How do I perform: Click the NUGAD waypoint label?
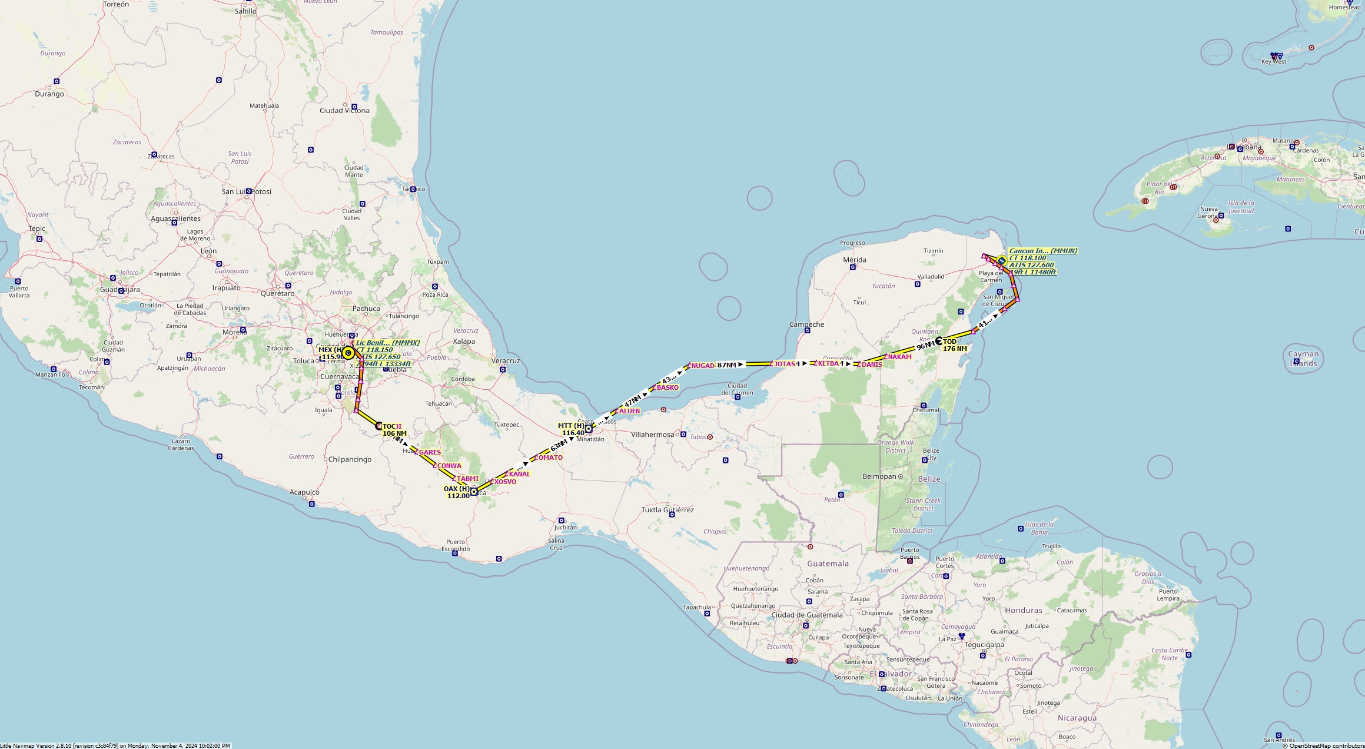(702, 366)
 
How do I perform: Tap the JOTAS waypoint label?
(784, 364)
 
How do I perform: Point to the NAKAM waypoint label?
(899, 357)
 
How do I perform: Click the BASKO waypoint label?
(667, 387)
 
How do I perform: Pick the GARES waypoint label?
(430, 452)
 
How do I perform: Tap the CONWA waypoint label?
(449, 466)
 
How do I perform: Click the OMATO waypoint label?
(550, 458)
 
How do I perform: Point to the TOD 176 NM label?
(954, 345)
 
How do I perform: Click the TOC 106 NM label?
(394, 430)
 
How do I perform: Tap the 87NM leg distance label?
(727, 365)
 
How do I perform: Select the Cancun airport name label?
(1042, 251)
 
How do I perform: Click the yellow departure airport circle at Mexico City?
(348, 353)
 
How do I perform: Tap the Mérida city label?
(854, 260)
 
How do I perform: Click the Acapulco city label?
(304, 492)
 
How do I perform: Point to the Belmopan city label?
(879, 476)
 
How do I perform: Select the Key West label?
(1273, 61)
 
